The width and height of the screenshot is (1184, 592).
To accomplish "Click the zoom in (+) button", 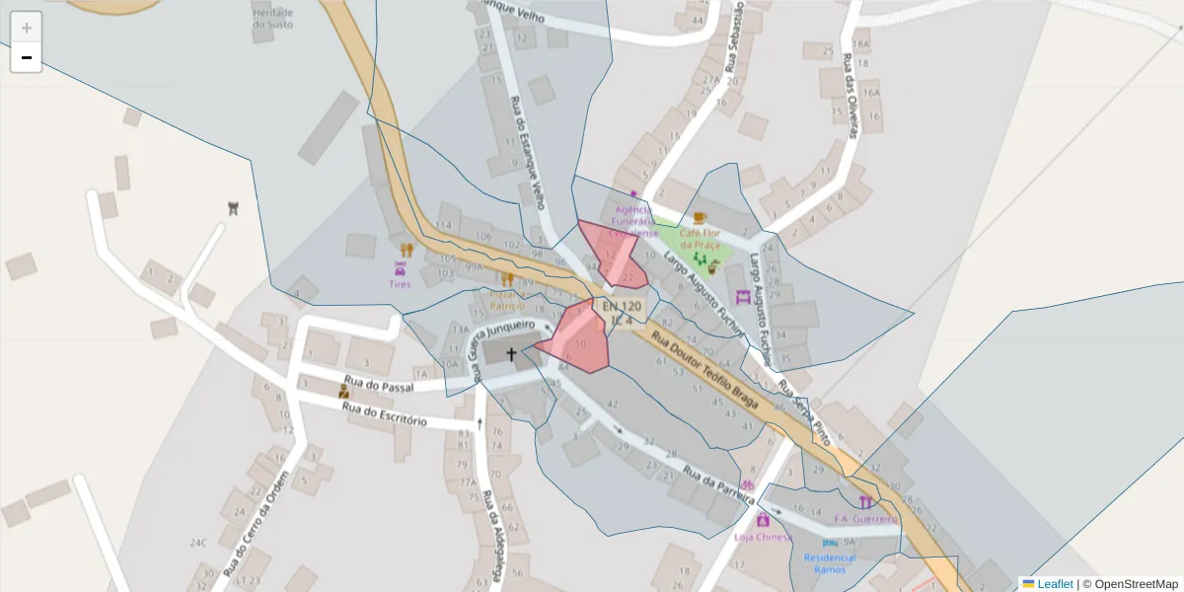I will (27, 28).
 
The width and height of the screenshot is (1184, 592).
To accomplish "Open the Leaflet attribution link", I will (1054, 584).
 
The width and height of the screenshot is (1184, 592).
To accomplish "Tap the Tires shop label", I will (400, 284).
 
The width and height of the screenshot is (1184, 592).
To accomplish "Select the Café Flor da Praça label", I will (699, 238).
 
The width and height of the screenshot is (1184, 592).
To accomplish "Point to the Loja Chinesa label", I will (763, 537).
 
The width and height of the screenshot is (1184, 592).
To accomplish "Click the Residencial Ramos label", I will (830, 563).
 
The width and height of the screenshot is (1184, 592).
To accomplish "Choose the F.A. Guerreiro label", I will (866, 518).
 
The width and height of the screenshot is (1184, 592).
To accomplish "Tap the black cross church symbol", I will (511, 353).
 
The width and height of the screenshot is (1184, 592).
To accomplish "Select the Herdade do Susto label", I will (272, 18).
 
